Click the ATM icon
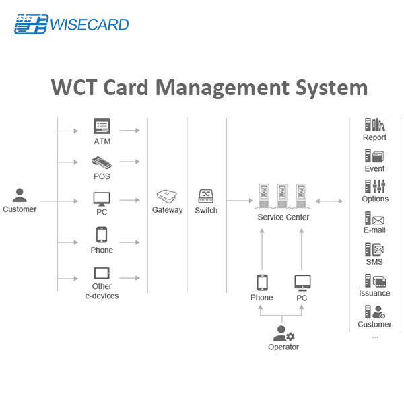click(102, 126)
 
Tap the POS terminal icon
click(102, 162)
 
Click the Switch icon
click(206, 197)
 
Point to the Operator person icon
click(283, 333)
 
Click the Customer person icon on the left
click(20, 195)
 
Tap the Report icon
click(375, 125)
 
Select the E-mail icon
click(374, 218)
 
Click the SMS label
click(374, 262)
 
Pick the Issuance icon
click(376, 281)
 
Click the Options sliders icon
click(375, 187)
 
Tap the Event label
click(374, 168)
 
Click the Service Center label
click(283, 217)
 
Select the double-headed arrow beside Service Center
click(329, 201)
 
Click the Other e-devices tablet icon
click(102, 273)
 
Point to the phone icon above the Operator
click(262, 283)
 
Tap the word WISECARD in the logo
click(89, 25)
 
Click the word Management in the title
click(223, 88)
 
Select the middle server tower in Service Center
click(282, 196)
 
